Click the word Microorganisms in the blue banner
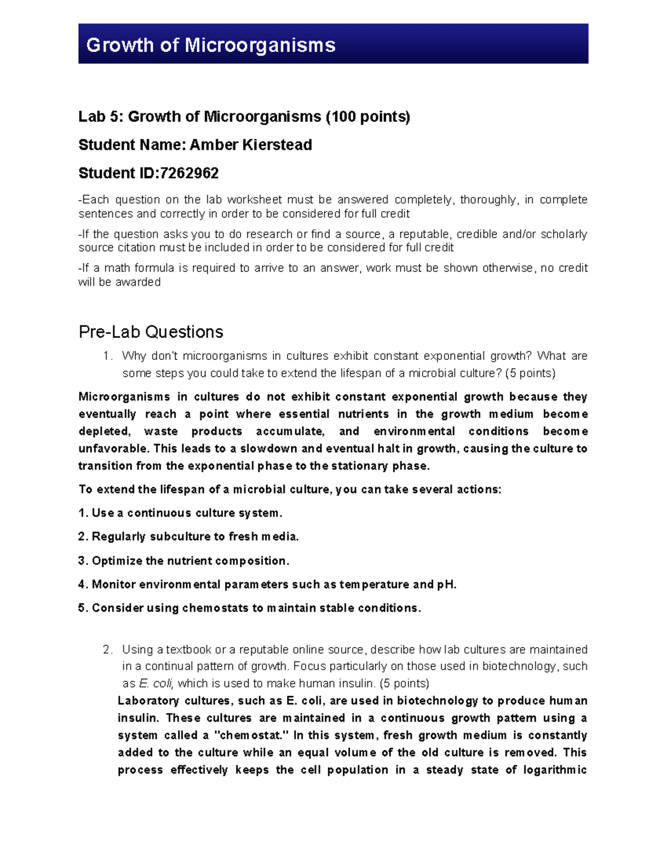(x=260, y=45)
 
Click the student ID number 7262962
(x=189, y=173)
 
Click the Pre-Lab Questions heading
(x=151, y=332)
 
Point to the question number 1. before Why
(x=108, y=356)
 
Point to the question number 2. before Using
(x=108, y=649)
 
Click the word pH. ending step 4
(x=447, y=584)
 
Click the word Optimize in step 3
(x=117, y=560)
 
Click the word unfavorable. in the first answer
(x=113, y=448)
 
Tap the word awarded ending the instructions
(x=142, y=282)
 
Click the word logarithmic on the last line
(x=555, y=769)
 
